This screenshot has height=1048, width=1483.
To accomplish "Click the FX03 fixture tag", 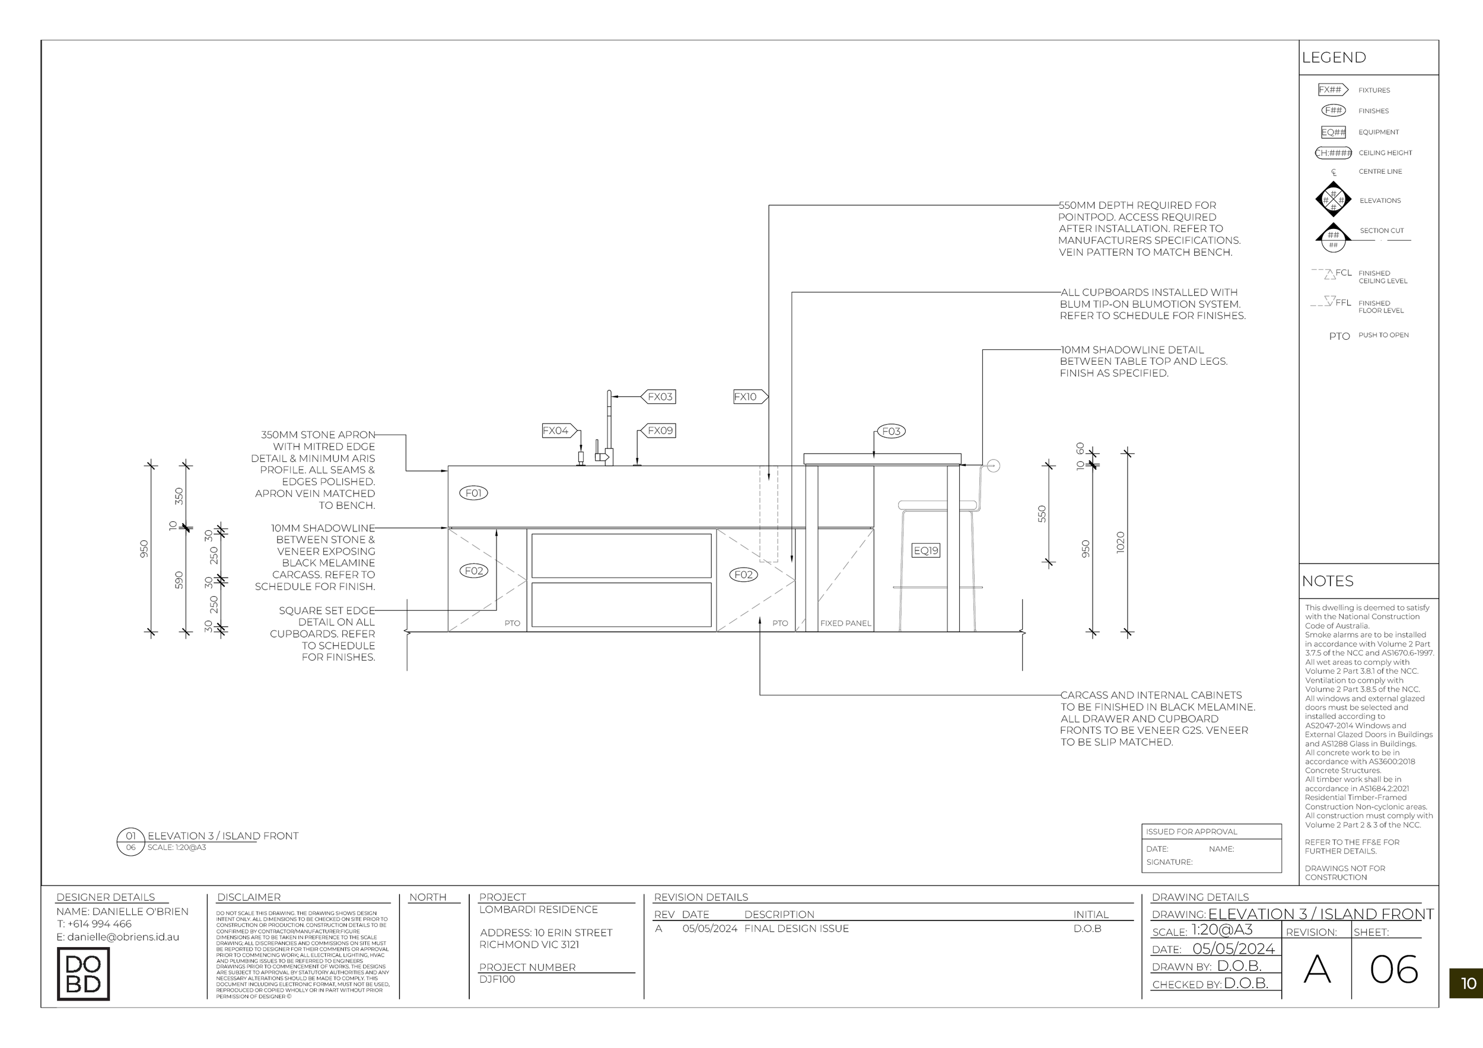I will [660, 396].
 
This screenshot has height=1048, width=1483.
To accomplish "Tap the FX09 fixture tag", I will [660, 430].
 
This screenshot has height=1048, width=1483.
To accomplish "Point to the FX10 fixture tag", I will [747, 396].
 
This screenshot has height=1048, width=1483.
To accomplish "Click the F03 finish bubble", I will [891, 431].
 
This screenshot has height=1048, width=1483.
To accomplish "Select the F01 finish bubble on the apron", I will [473, 493].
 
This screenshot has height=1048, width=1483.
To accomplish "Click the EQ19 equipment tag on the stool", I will [925, 550].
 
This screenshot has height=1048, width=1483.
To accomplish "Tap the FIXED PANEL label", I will [845, 623].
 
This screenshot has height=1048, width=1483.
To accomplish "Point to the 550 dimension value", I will [1041, 514].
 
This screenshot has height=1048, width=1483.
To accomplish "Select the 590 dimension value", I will [179, 580].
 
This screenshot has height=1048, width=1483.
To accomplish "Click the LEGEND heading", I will [1334, 58].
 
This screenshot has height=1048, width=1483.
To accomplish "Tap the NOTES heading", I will [1328, 581].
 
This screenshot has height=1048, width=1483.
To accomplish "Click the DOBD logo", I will [83, 974].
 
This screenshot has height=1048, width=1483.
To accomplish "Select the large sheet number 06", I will [1394, 969].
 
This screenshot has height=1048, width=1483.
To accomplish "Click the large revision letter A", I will [1317, 969].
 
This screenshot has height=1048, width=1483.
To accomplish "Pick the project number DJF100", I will [497, 979].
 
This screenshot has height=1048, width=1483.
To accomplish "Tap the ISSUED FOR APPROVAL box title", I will [1192, 832].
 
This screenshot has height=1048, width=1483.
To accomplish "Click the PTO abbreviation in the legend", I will [1339, 336].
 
